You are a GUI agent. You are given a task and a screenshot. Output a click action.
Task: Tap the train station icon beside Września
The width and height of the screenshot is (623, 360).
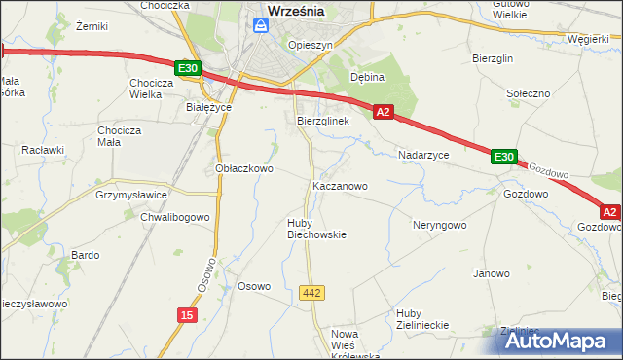(x=259, y=26)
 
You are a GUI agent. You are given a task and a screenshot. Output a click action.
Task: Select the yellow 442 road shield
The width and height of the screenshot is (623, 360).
(x=311, y=293)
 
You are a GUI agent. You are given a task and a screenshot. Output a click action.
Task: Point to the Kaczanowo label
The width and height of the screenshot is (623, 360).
(x=340, y=185)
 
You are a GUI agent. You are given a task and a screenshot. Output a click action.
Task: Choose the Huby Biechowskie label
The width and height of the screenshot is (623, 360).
(x=316, y=229)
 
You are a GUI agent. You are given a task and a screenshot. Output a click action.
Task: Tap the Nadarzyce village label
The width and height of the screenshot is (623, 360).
(x=423, y=155)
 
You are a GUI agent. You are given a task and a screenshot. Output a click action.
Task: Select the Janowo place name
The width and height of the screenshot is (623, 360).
(x=492, y=273)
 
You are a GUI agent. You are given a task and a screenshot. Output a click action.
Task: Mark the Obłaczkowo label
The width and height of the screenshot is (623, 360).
(x=243, y=168)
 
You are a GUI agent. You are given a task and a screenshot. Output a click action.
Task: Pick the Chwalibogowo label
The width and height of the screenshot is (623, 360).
(x=175, y=217)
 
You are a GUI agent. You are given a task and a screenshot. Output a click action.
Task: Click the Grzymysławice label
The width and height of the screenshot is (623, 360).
(x=132, y=194)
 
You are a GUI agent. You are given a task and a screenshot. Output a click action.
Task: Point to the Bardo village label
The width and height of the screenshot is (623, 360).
(x=85, y=255)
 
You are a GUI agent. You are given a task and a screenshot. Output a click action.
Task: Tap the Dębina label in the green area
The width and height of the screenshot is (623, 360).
(x=368, y=77)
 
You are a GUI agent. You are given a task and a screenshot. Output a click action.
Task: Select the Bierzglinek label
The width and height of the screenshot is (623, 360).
(x=322, y=121)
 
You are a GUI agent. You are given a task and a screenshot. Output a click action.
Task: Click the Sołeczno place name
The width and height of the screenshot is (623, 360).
(x=530, y=92)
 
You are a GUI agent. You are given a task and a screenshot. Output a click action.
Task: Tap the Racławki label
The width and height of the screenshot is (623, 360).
(x=43, y=151)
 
